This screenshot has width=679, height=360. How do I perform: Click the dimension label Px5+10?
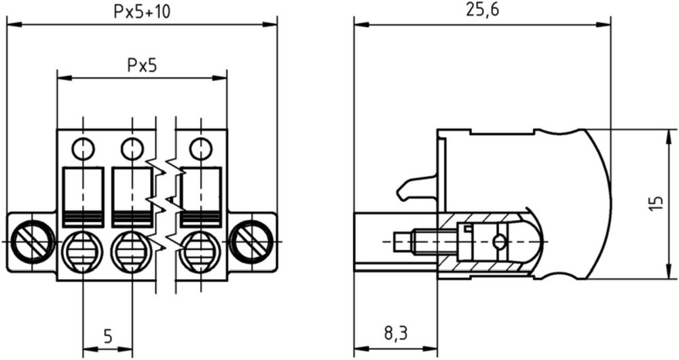[142, 12]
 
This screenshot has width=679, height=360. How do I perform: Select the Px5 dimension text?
[142, 65]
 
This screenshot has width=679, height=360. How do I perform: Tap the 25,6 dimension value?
[482, 10]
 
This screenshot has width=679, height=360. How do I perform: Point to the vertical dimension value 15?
[657, 204]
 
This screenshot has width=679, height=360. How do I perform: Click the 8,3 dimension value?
[396, 334]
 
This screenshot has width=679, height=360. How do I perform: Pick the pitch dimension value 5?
[108, 336]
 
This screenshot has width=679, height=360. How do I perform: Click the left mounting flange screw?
[32, 241]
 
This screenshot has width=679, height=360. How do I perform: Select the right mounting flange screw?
[252, 241]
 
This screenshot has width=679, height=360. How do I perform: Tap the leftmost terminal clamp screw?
[83, 251]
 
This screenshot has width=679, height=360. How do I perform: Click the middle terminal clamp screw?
[132, 251]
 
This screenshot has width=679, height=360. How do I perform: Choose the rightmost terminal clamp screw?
[201, 251]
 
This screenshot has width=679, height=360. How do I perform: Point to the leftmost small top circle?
[83, 149]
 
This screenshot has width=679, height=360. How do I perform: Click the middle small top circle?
[132, 149]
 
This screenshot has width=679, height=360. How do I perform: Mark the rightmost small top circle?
[200, 149]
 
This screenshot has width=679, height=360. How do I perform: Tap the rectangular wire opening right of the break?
[200, 197]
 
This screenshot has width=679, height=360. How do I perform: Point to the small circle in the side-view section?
[499, 242]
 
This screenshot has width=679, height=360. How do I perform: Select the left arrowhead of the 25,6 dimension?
[361, 24]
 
